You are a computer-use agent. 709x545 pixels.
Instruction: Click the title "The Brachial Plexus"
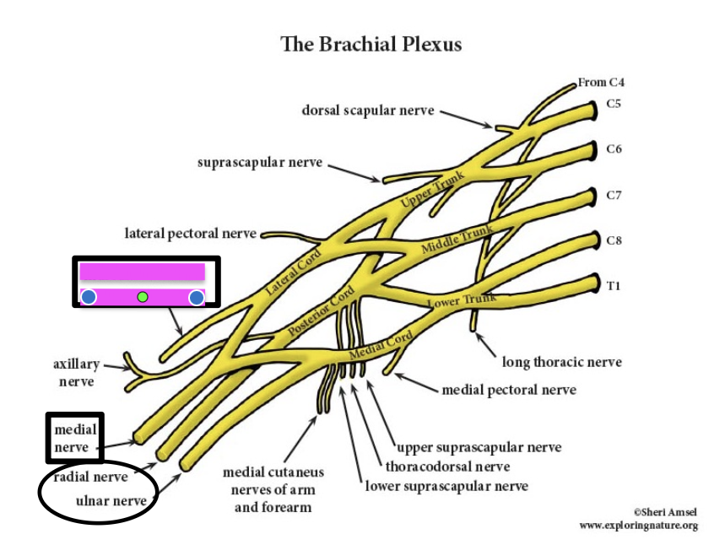point(371,44)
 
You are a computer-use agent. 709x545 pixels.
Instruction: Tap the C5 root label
point(614,105)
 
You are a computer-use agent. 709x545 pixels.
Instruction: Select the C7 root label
point(614,196)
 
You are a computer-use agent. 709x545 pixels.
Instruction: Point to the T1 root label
point(613,285)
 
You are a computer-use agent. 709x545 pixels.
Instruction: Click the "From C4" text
point(601,83)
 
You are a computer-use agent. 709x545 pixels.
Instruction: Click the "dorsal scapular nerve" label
point(368,110)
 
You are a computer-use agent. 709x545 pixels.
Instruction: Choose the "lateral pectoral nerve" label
point(190,233)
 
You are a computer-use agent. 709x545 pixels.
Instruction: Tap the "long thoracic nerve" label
point(562,362)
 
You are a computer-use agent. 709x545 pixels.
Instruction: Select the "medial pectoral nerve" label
point(509,390)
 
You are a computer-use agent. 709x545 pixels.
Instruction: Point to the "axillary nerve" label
point(77,373)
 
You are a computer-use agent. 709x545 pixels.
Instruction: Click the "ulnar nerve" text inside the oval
point(111,501)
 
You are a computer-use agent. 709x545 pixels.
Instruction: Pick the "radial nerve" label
point(90,477)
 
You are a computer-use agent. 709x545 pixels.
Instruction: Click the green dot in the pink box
point(143,296)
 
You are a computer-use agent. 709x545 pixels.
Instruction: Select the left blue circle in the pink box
point(89,297)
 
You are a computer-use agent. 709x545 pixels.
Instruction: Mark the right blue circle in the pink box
point(197,297)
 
